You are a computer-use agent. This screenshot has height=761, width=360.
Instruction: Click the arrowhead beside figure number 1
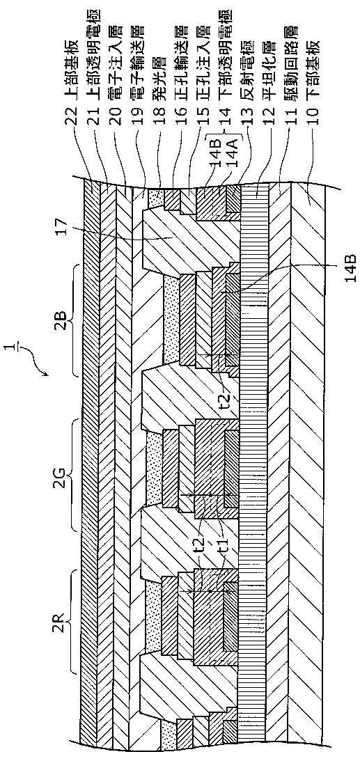point(45,374)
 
